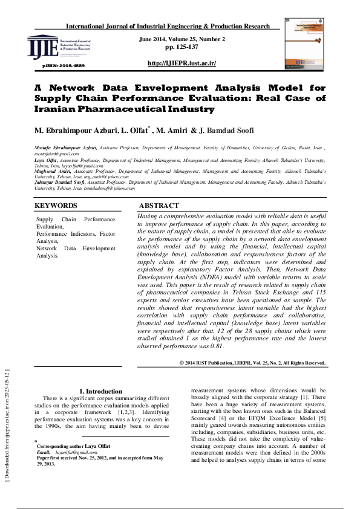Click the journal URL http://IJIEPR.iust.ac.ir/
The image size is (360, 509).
[182, 63]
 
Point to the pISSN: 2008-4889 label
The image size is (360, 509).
[64, 65]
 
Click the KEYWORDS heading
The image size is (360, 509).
[56, 206]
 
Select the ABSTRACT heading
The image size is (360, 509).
[159, 206]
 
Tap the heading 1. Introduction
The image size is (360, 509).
[101, 391]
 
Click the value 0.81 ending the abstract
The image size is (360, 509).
[217, 347]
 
